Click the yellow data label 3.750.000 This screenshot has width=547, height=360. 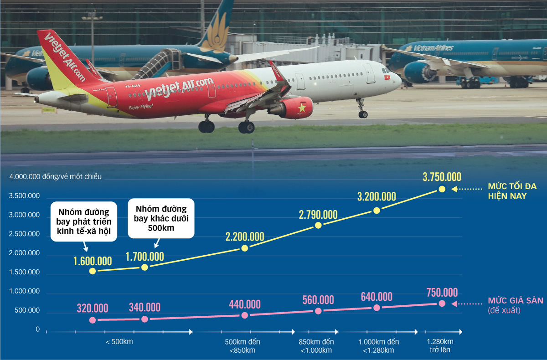[x=442, y=177]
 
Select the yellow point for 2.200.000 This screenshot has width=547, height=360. [x=245, y=248]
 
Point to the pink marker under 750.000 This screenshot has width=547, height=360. [x=442, y=303]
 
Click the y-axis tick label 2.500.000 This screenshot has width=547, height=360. [x=23, y=234]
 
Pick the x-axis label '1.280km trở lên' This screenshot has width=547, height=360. [x=440, y=346]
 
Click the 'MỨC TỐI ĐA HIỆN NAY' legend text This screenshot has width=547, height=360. [x=512, y=191]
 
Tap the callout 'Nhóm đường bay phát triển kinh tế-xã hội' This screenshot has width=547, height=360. [x=84, y=223]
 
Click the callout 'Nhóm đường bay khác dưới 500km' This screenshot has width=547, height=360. [x=161, y=218]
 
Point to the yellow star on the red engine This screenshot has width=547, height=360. [x=301, y=108]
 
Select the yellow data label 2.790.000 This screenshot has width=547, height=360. [x=318, y=214]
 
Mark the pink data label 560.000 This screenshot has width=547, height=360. [x=318, y=300]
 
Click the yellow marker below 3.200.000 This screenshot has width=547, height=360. [x=377, y=210]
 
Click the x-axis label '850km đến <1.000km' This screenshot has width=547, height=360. [x=316, y=346]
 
